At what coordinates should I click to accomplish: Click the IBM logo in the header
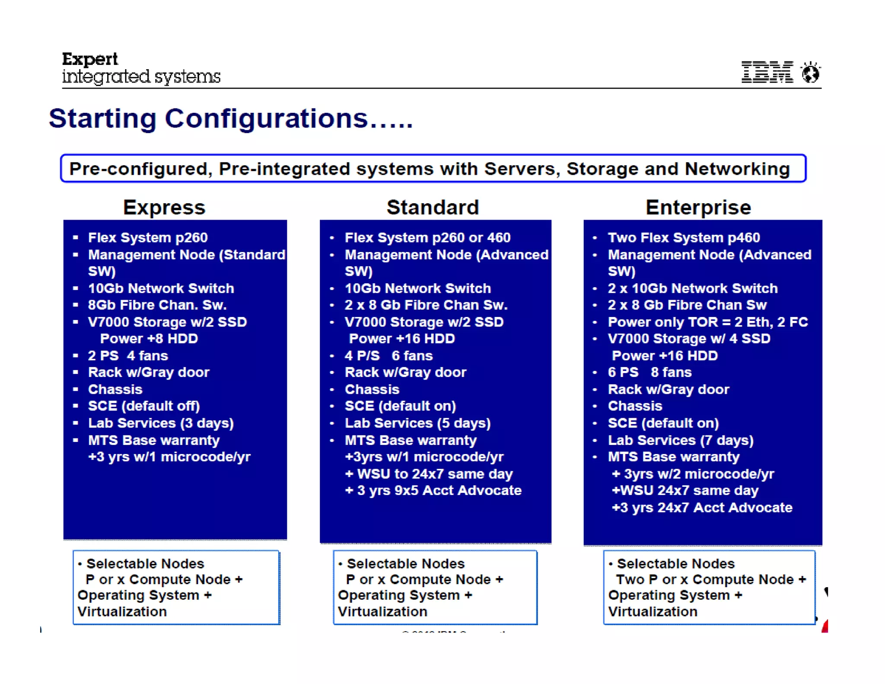767,72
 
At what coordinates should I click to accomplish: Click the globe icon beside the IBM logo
810,73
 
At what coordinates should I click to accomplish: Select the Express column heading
164,208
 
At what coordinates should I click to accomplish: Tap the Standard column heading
433,208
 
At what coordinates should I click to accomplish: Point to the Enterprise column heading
698,208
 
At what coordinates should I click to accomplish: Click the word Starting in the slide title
102,118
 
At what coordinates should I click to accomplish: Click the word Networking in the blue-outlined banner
737,169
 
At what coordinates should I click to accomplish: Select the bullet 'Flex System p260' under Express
147,237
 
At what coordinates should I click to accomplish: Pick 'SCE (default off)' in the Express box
143,406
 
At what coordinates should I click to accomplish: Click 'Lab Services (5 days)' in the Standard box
417,423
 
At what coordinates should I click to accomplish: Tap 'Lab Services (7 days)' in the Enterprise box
680,440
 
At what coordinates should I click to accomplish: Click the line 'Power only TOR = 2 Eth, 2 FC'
707,322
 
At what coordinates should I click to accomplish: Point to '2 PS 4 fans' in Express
127,355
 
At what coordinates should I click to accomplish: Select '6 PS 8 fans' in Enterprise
649,372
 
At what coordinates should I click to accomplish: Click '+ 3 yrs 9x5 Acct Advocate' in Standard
433,490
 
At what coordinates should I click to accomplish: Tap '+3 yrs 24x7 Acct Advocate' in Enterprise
702,507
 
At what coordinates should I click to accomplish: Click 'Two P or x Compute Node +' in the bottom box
710,579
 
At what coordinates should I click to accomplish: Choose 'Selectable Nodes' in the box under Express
145,563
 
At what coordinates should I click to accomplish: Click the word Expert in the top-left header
90,59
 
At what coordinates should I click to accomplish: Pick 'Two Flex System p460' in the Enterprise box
683,237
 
